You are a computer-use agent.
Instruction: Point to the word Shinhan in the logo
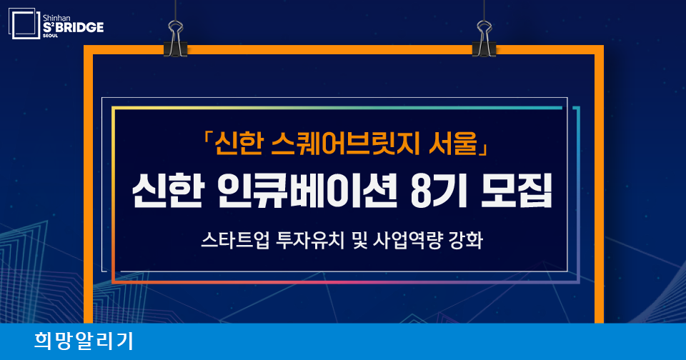point(56,18)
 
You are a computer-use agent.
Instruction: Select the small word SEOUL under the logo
point(50,36)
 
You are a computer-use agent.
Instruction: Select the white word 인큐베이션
point(307,191)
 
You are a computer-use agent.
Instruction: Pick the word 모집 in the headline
point(516,191)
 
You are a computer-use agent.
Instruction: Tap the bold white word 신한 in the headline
point(167,191)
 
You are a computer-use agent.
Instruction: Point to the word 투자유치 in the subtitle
point(311,240)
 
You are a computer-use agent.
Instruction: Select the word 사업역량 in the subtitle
point(408,240)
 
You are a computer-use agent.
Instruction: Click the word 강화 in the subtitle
point(466,240)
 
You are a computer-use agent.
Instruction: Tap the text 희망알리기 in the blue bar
point(84,341)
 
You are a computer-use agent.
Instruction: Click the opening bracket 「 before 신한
point(207,140)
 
